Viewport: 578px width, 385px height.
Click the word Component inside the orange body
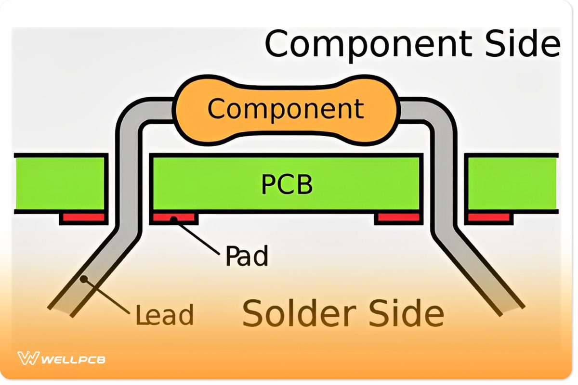[x=286, y=109]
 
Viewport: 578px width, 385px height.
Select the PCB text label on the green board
[x=287, y=184]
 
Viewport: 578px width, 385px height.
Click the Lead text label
[x=164, y=315]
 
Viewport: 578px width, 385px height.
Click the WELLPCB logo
[x=61, y=359]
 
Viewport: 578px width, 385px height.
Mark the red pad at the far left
[x=83, y=218]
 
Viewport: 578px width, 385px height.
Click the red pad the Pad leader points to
[x=174, y=218]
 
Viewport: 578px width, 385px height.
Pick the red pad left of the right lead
[x=398, y=218]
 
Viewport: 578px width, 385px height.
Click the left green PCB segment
[x=60, y=183]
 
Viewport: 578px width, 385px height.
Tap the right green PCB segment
[x=512, y=183]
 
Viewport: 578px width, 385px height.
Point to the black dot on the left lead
[x=85, y=278]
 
